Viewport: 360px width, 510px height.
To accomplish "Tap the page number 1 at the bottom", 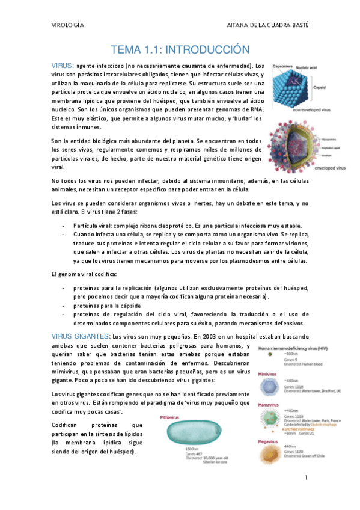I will [306, 479].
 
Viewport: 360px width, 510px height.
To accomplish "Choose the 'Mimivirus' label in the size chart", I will [269, 373].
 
